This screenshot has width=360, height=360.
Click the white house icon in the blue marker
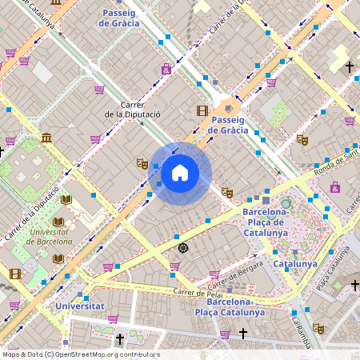[x=180, y=173]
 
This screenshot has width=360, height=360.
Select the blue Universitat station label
[x=79, y=306]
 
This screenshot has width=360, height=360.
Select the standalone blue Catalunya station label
[x=295, y=263]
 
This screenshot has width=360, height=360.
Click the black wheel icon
[x=183, y=247]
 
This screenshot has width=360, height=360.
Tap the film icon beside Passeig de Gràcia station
[x=202, y=110]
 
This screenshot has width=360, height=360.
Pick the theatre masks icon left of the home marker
[x=142, y=163]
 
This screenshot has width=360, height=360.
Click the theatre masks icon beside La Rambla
[x=318, y=328]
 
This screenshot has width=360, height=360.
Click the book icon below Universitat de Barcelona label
[x=58, y=258]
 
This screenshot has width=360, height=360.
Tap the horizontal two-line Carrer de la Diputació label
[x=132, y=110]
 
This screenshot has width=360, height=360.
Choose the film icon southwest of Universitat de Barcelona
[x=14, y=274]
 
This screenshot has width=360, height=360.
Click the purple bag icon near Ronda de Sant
[x=334, y=188]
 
